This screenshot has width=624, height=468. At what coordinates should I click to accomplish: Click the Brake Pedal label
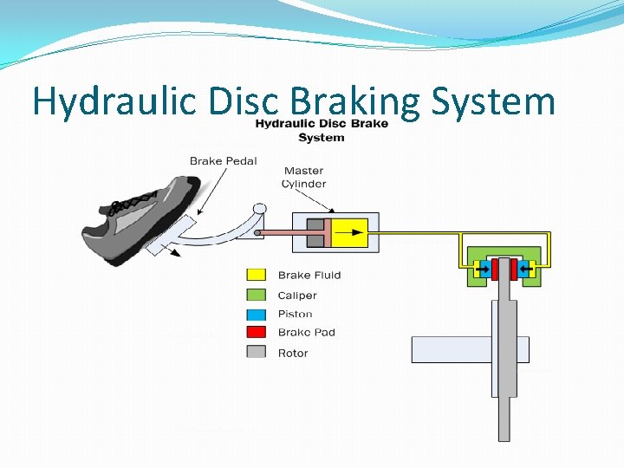click(223, 160)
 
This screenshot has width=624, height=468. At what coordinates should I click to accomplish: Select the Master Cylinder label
click(303, 177)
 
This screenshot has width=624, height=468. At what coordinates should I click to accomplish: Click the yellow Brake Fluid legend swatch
click(257, 276)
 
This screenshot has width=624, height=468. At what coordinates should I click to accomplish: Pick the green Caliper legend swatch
click(257, 296)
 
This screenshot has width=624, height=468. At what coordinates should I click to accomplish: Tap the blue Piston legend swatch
click(257, 314)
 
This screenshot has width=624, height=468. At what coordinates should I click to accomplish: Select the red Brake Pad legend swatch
click(257, 333)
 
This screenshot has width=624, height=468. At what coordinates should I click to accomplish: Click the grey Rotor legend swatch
click(257, 352)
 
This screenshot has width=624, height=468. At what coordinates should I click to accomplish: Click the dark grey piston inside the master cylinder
click(316, 232)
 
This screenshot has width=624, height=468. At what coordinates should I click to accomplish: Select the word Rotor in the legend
click(293, 353)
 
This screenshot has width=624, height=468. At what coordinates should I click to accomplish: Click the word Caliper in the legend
click(297, 296)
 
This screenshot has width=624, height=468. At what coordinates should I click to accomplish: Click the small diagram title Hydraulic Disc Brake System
click(321, 130)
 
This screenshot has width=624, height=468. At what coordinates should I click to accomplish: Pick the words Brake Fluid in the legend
click(309, 276)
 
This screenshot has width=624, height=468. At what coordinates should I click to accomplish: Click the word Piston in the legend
click(296, 314)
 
